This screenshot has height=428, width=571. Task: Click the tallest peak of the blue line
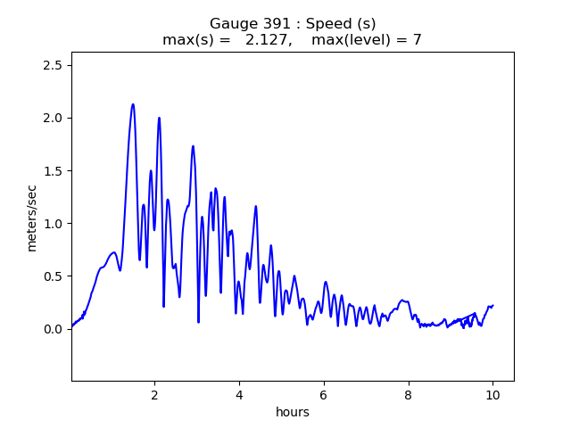click(133, 104)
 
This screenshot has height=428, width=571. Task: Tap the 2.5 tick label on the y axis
click(53, 65)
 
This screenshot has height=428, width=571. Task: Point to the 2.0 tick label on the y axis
click(53, 118)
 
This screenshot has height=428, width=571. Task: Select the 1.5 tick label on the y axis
click(53, 170)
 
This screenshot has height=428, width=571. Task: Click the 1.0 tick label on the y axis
click(53, 223)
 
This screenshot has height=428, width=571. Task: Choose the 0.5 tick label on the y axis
click(53, 276)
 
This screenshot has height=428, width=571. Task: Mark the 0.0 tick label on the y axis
click(53, 329)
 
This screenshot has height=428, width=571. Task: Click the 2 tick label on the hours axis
click(154, 395)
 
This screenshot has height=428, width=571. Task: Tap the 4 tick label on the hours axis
click(239, 395)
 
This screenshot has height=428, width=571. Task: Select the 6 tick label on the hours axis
click(324, 395)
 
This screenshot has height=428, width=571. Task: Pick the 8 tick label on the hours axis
click(408, 395)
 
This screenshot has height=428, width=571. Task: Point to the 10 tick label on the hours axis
click(492, 395)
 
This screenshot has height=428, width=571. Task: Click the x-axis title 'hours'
click(292, 412)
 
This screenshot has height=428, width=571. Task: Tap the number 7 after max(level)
click(417, 40)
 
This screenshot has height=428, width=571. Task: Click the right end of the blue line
click(492, 306)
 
